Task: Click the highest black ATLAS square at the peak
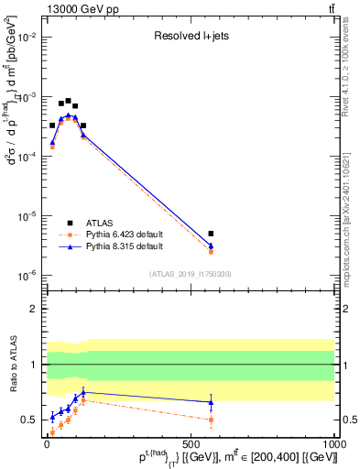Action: pyautogui.click(x=68, y=101)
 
